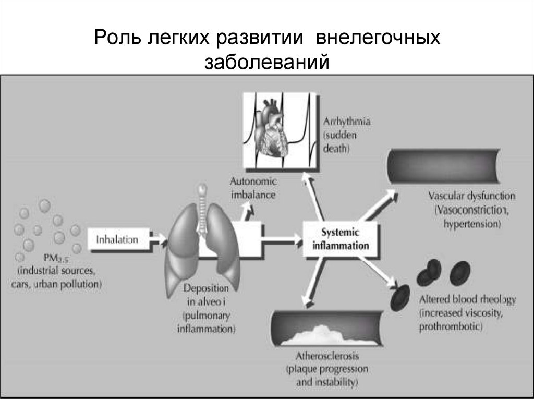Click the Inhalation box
(117, 240)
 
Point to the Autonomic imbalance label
(253, 188)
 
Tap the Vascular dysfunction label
(471, 197)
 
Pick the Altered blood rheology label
(467, 300)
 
